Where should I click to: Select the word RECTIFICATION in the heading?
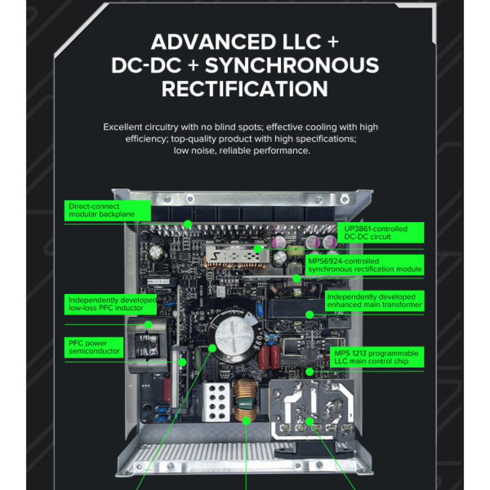(x=245, y=89)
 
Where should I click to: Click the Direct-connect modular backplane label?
(x=101, y=211)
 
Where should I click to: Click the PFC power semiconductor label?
(x=94, y=347)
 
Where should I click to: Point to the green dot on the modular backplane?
(x=187, y=224)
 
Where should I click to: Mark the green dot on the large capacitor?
(x=213, y=348)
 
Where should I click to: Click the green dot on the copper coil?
(x=246, y=420)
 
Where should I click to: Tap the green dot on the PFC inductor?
(x=148, y=324)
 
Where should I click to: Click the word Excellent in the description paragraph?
(x=121, y=127)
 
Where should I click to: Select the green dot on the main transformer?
(x=309, y=314)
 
